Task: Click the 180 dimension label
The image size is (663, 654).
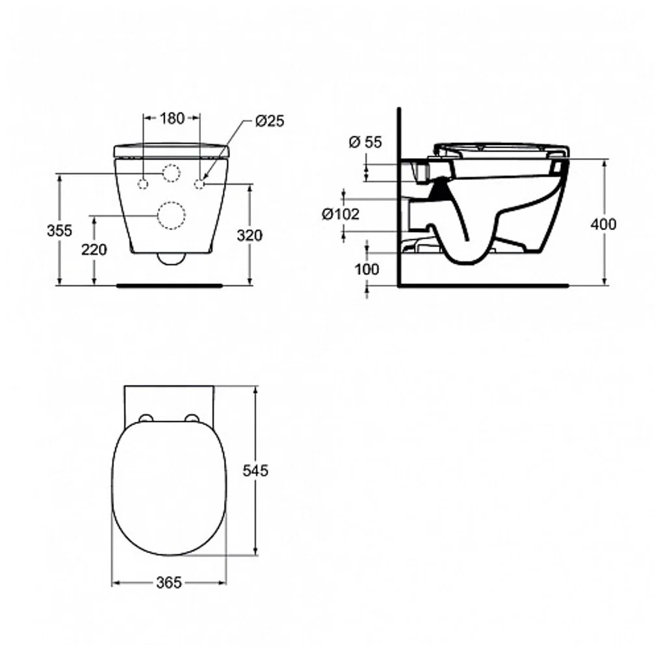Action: click(x=172, y=118)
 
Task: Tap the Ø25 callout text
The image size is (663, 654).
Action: click(x=270, y=121)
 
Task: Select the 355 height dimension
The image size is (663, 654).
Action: click(x=60, y=231)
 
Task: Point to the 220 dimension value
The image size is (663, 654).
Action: click(x=94, y=250)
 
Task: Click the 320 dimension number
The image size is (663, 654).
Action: click(x=250, y=235)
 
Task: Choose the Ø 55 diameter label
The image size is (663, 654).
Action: click(x=365, y=142)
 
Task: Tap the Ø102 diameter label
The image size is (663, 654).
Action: click(x=341, y=214)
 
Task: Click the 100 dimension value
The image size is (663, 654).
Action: click(x=367, y=269)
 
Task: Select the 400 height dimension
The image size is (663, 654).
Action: click(x=603, y=224)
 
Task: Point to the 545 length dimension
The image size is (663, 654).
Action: click(x=255, y=471)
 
